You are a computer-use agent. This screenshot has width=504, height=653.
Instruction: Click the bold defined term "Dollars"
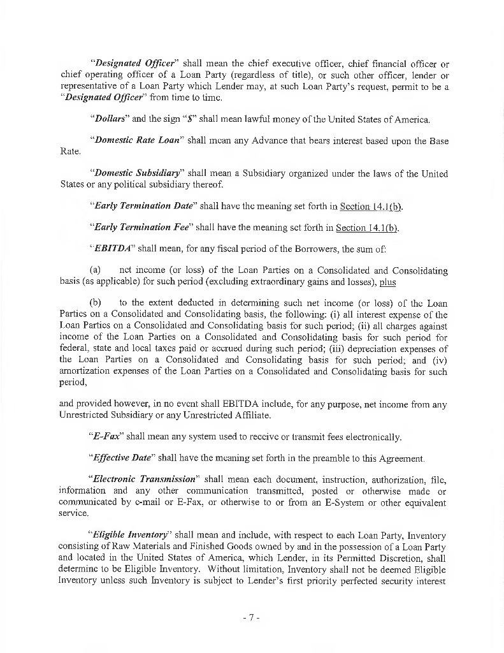click(x=108, y=119)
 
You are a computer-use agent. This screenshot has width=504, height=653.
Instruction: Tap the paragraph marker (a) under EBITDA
click(x=96, y=271)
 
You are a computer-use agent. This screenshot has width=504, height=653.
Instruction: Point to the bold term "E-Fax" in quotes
click(x=107, y=437)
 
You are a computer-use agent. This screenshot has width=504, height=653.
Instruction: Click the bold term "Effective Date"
click(x=122, y=458)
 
